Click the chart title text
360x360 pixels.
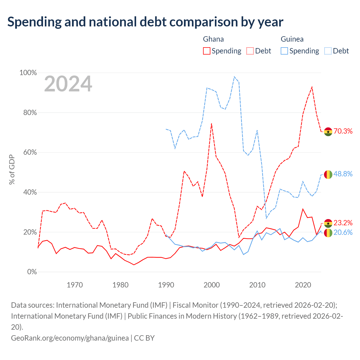pos(145,22)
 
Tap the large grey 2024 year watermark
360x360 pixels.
pos(68,84)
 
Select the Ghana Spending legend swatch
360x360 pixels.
pos(206,51)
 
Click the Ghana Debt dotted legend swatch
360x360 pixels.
pos(250,51)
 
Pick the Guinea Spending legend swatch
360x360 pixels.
pos(284,51)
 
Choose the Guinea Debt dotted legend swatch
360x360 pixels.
pos(328,51)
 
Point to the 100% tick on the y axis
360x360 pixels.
pos(28,73)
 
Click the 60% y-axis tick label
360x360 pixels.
pos(30,152)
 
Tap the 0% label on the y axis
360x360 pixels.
pos(32,272)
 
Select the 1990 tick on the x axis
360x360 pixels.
pos(166,285)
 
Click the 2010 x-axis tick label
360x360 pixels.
pos(257,285)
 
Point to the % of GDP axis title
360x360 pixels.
pos(12,169)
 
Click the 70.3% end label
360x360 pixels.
pos(343,131)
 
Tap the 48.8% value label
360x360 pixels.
pos(343,174)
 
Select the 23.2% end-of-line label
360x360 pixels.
pos(343,223)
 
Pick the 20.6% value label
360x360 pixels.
pos(343,232)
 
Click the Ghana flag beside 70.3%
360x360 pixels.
pos(328,132)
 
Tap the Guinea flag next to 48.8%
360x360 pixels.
pos(328,174)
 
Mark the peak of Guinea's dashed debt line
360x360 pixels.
pos(234,76)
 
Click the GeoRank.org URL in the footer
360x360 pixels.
pos(70,338)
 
